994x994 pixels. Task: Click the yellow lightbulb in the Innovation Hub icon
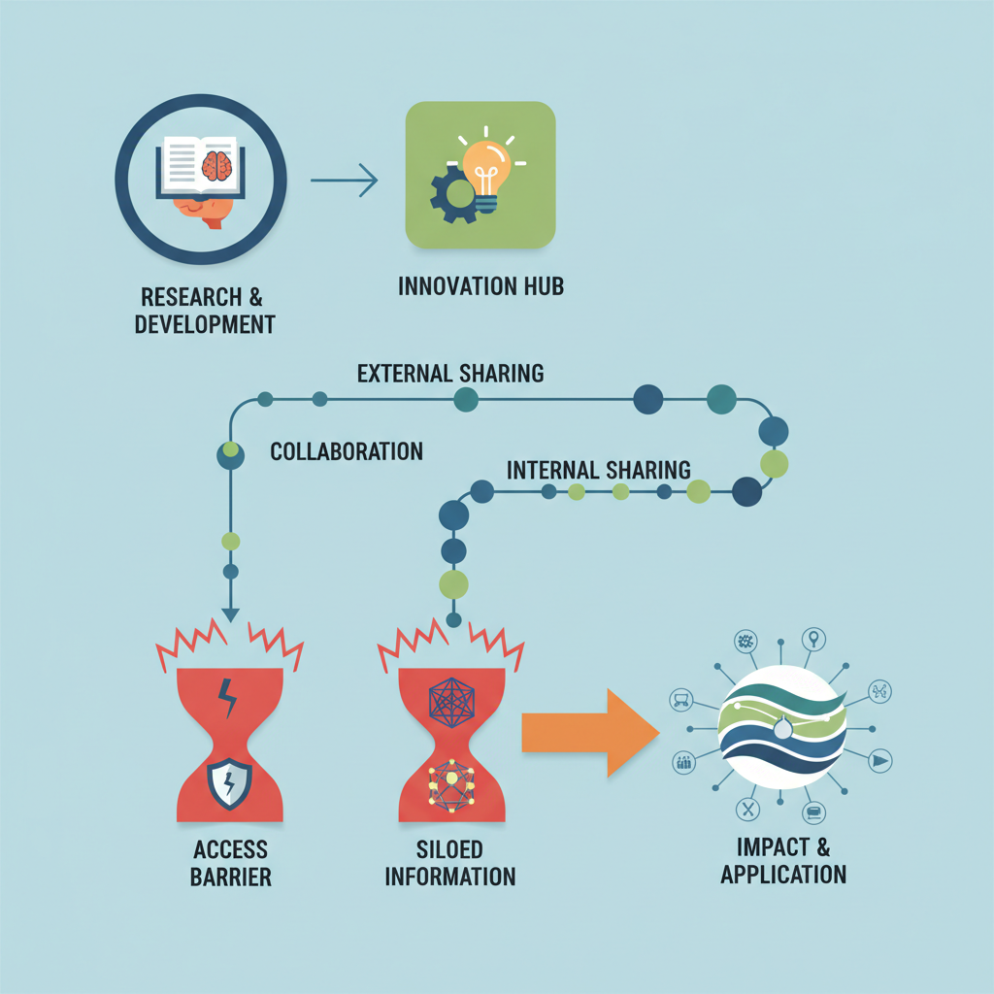[486, 170]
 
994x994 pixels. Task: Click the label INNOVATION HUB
[480, 287]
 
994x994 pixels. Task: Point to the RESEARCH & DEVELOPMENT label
[201, 310]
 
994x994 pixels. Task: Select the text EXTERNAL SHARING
[449, 373]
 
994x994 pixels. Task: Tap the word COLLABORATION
[346, 451]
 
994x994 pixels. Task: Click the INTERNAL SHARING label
[598, 470]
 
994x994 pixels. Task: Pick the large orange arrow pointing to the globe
[582, 732]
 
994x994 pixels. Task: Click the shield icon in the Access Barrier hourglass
[229, 782]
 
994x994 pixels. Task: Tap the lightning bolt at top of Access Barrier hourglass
[229, 697]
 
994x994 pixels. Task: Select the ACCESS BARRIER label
[230, 863]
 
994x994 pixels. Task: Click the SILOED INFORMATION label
[449, 863]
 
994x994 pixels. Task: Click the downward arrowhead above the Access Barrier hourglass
[230, 613]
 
